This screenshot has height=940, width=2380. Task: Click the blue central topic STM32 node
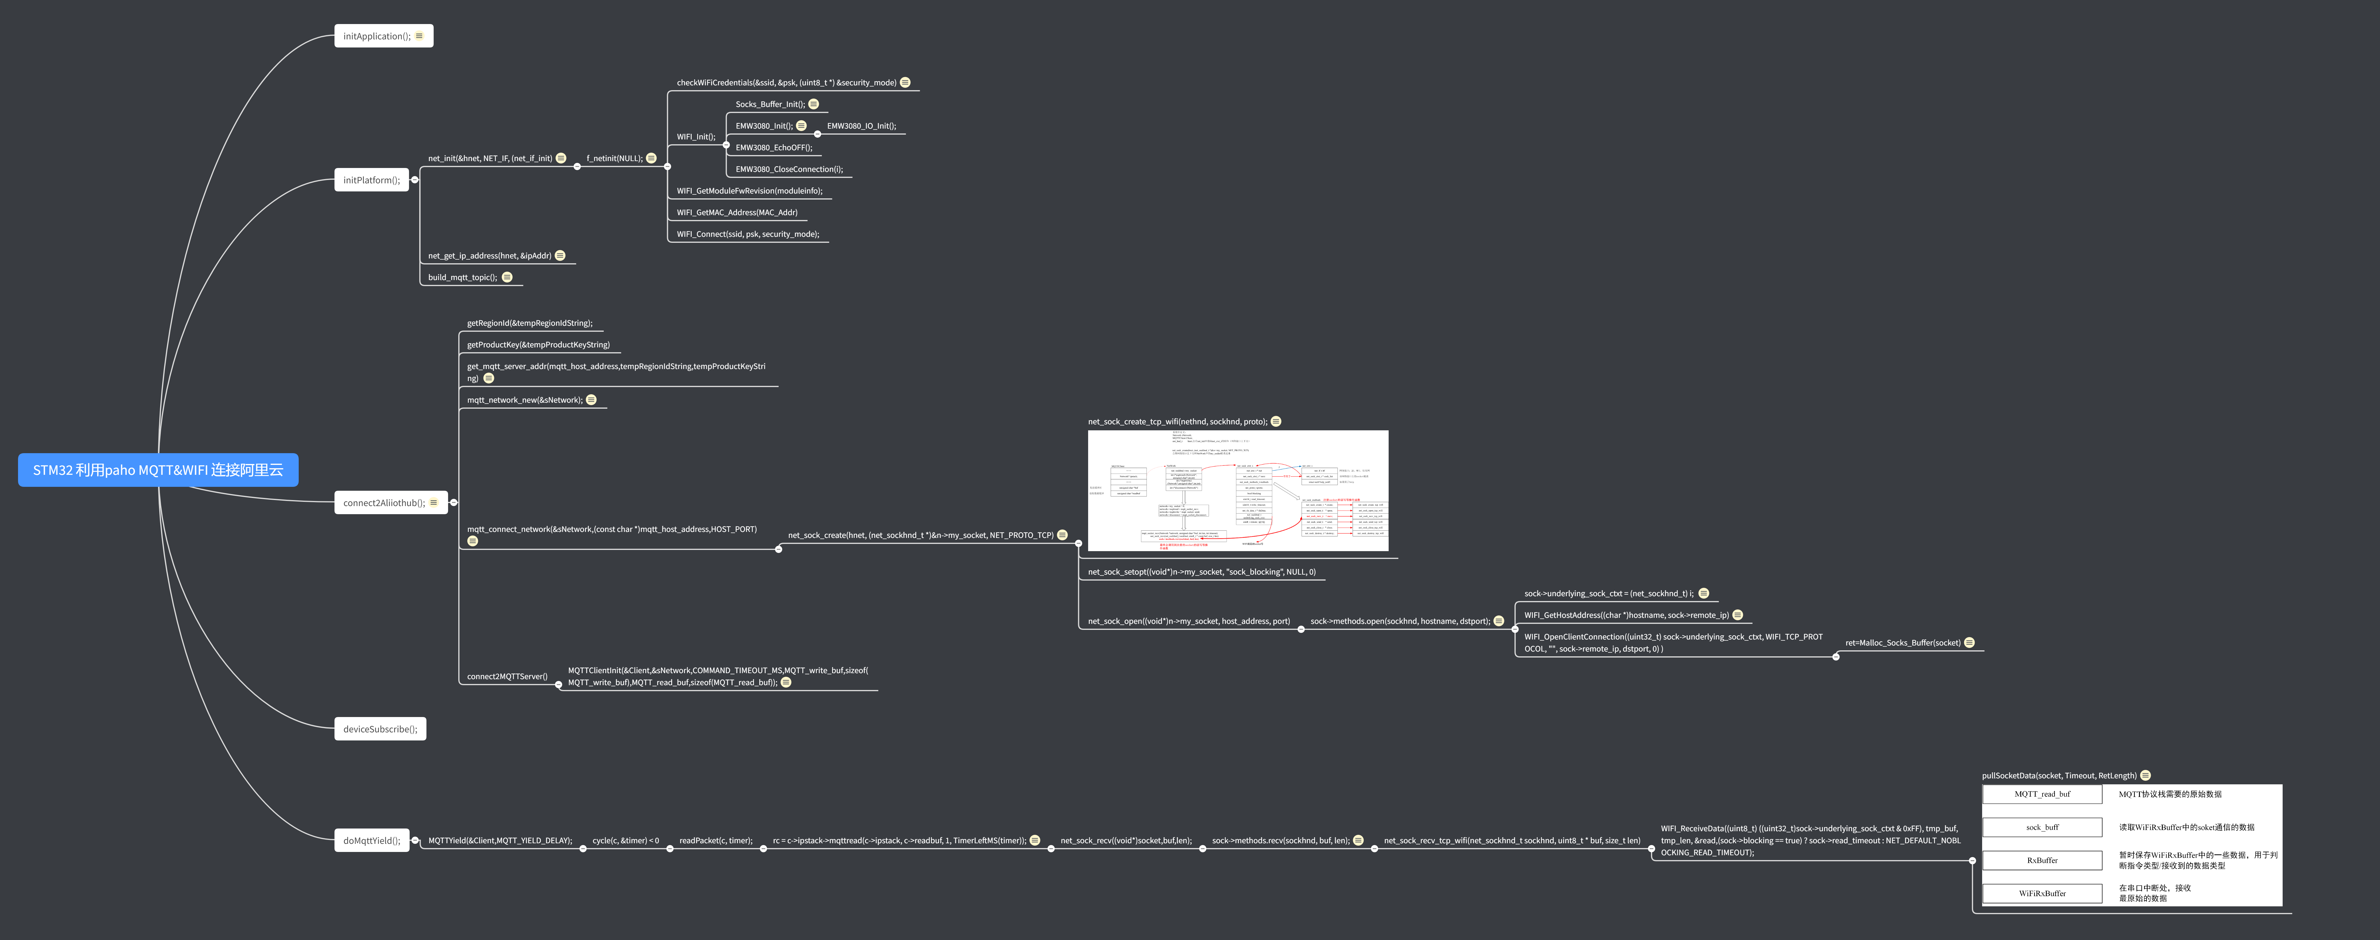[158, 469]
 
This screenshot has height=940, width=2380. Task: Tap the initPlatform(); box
[371, 180]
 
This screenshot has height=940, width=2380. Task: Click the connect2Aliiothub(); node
[384, 503]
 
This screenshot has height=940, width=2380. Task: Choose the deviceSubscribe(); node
[380, 729]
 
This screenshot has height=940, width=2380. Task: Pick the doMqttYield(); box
[371, 840]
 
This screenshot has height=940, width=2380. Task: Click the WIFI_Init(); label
[696, 137]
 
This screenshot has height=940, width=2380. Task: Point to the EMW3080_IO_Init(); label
[861, 126]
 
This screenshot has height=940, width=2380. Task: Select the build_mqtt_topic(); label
[462, 277]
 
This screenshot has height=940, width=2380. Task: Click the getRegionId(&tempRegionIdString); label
[529, 323]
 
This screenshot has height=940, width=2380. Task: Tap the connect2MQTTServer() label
[507, 676]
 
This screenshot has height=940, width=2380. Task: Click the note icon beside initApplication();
[420, 36]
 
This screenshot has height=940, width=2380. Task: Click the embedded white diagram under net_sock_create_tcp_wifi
[1238, 491]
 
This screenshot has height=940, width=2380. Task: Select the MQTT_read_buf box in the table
[2042, 794]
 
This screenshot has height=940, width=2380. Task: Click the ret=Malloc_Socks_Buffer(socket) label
[1902, 642]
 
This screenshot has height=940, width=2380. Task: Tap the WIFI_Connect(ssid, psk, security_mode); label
[747, 234]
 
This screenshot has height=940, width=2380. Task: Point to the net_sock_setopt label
[1201, 572]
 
